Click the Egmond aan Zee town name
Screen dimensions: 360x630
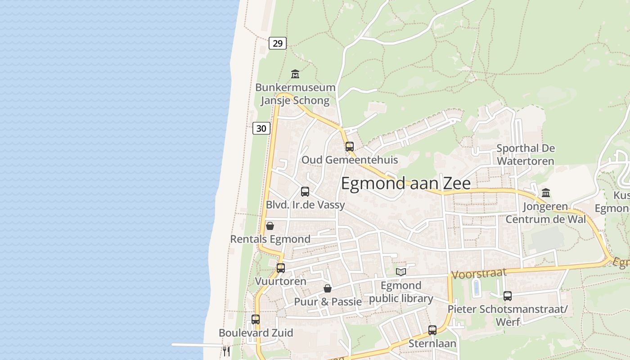[x=405, y=184]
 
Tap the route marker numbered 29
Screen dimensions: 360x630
[x=278, y=43]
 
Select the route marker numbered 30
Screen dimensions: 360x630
[x=261, y=129]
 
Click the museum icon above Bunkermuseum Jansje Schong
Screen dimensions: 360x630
[x=295, y=74]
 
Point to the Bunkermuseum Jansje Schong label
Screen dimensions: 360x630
[x=295, y=94]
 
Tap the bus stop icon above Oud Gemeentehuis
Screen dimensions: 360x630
[x=349, y=146]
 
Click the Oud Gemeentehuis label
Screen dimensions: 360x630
[x=349, y=160]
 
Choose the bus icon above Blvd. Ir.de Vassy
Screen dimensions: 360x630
[x=305, y=192]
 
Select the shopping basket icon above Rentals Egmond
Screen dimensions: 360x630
[x=270, y=225]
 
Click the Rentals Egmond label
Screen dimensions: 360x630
[x=270, y=239]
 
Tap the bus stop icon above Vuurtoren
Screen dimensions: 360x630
[x=281, y=268]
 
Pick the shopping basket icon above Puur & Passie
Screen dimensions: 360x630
[x=328, y=288]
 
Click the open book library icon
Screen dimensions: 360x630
[x=400, y=272]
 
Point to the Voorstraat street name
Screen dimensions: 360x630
[x=479, y=273]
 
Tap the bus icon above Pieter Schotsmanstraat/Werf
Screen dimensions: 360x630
[x=508, y=296]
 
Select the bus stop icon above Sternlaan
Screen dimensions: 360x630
[x=432, y=330]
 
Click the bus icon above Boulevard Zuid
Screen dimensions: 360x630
[x=256, y=319]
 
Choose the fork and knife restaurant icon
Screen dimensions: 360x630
[x=226, y=351]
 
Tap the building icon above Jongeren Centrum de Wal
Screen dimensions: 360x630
[x=546, y=193]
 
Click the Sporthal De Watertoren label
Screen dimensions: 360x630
[x=526, y=154]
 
